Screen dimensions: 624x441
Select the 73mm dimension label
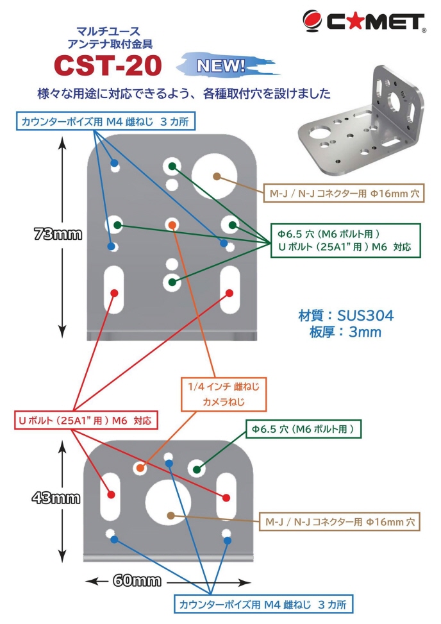58,235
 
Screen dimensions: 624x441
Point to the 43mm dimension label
58,497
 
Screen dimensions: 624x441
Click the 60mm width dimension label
137,581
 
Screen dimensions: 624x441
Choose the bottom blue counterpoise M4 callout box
263,604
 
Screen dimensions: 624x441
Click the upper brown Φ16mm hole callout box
344,192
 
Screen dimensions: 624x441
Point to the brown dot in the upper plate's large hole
216,176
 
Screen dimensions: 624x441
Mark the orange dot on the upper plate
171,224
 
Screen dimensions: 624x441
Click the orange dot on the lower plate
140,468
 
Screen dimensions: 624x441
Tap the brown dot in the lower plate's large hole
170,514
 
